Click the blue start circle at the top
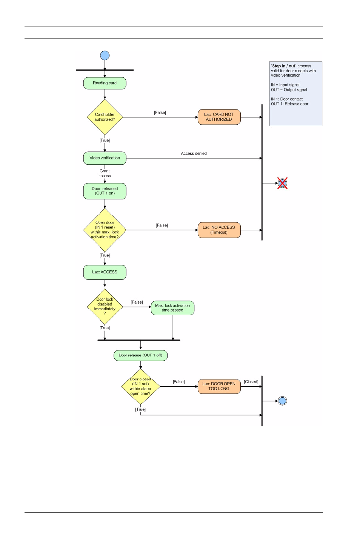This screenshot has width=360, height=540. click(x=105, y=56)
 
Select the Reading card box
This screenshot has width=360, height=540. click(x=105, y=83)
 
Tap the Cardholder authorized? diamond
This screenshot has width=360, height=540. click(x=105, y=117)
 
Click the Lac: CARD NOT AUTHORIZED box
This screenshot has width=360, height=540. click(x=219, y=117)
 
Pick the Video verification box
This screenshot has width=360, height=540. click(x=105, y=158)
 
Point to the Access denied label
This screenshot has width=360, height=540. click(x=194, y=154)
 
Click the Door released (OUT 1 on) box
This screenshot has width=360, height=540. click(x=105, y=191)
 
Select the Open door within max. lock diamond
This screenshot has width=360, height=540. click(x=105, y=230)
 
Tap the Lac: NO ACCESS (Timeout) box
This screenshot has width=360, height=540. click(x=219, y=230)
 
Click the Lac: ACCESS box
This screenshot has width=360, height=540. click(x=105, y=272)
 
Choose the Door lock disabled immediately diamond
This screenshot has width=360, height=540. click(x=105, y=307)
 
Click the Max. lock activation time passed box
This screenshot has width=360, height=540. click(x=172, y=308)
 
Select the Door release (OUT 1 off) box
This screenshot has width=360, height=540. click(x=140, y=355)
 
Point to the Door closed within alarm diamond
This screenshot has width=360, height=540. click(x=140, y=386)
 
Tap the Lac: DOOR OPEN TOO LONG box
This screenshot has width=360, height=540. click(x=219, y=386)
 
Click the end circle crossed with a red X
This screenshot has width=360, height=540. click(x=282, y=183)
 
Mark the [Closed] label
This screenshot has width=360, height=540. click(x=251, y=382)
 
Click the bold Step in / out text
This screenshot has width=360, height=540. click(x=284, y=66)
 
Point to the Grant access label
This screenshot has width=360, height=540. click(x=105, y=173)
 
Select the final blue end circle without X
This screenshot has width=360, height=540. click(x=282, y=401)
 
